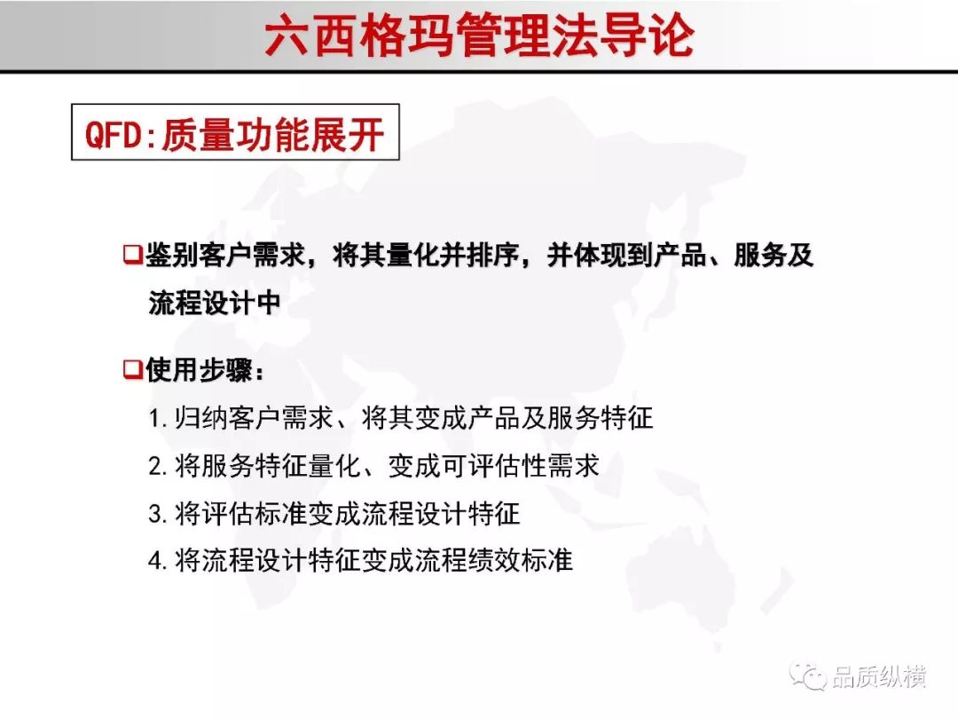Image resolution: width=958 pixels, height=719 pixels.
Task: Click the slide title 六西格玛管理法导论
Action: (x=480, y=36)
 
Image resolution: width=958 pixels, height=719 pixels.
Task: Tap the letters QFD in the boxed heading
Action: (x=114, y=134)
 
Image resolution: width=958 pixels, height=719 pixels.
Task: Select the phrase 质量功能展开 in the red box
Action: (x=272, y=134)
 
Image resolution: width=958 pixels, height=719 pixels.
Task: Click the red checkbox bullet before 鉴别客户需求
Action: (x=132, y=254)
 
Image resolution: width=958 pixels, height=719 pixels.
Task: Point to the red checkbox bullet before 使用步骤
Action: (x=132, y=368)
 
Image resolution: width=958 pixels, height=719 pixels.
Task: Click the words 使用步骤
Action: (x=199, y=369)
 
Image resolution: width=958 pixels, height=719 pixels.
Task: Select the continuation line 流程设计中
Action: (x=214, y=303)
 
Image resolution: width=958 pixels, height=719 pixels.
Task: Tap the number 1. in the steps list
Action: (x=158, y=419)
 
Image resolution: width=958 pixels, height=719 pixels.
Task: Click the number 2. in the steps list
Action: (x=158, y=467)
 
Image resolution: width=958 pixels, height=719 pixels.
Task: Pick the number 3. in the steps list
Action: (x=158, y=514)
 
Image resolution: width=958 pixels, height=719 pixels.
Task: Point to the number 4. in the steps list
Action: (x=158, y=561)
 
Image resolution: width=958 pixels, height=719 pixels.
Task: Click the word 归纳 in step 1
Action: (x=201, y=418)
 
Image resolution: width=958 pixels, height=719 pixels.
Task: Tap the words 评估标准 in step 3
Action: (x=254, y=513)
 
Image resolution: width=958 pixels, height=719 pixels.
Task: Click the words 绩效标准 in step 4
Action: (x=521, y=560)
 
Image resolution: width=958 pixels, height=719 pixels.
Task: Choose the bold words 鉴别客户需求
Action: (x=225, y=255)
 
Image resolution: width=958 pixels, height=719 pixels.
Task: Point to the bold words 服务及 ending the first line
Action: (x=773, y=255)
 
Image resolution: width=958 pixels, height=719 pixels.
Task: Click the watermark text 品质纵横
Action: (x=878, y=676)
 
